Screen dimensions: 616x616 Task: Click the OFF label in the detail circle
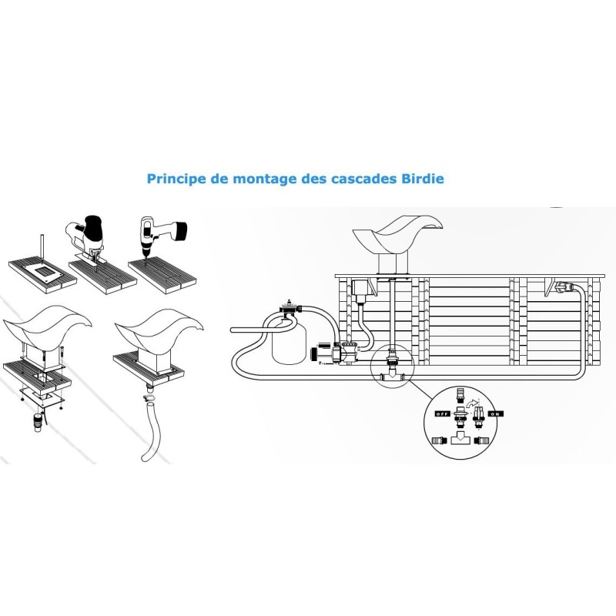[x=441, y=413]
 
